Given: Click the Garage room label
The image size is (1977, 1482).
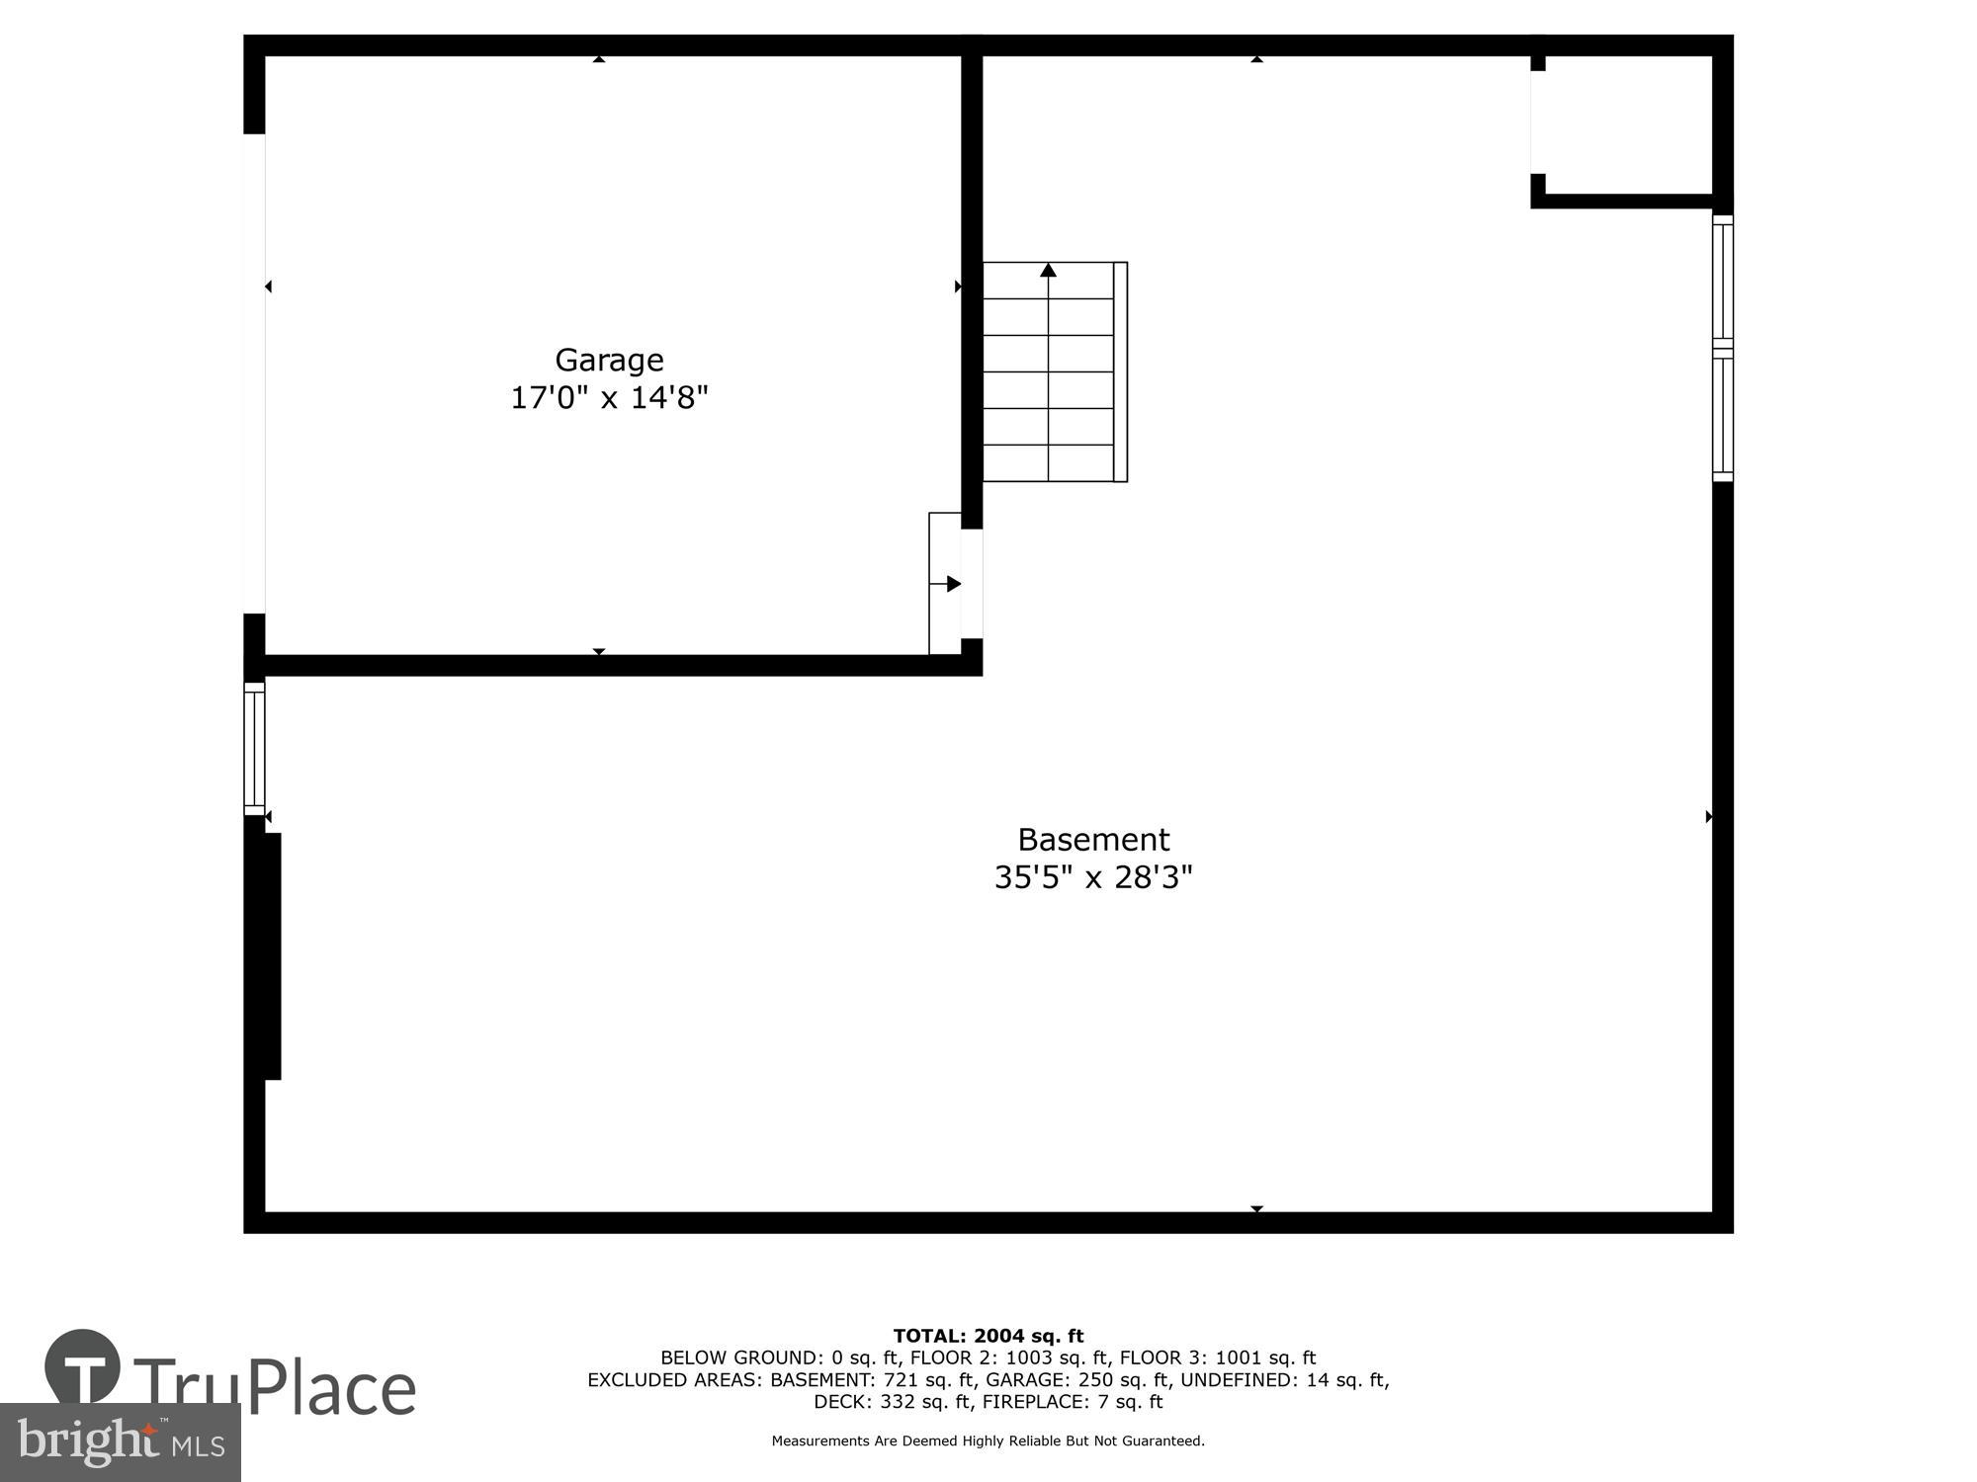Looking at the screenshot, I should click(609, 360).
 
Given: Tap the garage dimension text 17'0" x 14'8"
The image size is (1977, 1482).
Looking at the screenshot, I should click(609, 398).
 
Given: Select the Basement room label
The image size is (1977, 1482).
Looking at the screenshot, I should click(1093, 840).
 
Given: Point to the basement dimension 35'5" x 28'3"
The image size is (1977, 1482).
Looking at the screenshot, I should click(1093, 877).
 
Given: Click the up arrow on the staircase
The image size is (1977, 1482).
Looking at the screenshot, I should click(1049, 271).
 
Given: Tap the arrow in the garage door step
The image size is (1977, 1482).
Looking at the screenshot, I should click(953, 584).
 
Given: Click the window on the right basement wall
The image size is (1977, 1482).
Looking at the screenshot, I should click(1722, 349).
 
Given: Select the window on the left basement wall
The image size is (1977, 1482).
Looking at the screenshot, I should click(254, 749).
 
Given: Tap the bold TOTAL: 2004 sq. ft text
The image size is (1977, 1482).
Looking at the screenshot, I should click(988, 1337).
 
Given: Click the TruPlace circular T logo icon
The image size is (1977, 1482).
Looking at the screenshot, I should click(83, 1367).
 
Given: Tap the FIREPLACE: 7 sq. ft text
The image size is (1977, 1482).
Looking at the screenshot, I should click(1073, 1402).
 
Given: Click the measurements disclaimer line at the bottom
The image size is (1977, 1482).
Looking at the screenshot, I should click(988, 1441).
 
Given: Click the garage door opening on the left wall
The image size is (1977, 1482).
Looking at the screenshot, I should click(254, 373).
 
